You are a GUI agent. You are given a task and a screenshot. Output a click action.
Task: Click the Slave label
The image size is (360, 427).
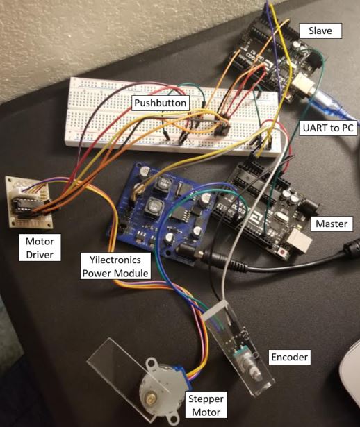tap(320, 31)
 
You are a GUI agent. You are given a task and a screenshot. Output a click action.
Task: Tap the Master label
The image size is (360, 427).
tap(332, 224)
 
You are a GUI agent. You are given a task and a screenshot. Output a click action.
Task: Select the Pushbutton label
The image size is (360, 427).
tap(161, 103)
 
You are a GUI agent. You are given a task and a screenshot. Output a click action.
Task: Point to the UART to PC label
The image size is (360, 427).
tap(328, 128)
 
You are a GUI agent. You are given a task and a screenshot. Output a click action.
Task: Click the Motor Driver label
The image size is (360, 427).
tap(40, 248)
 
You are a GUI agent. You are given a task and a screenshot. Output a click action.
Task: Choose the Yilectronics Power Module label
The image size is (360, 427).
tap(115, 267)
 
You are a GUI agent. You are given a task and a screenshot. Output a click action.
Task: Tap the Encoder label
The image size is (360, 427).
tap(289, 357)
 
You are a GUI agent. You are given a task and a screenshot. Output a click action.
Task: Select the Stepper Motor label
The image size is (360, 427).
tap(206, 405)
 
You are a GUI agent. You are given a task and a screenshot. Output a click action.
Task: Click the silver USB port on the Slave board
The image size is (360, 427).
tap(303, 84)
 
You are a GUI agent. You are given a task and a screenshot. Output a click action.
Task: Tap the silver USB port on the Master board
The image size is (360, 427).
tap(300, 241)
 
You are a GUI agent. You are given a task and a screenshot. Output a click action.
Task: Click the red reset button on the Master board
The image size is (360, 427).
tap(283, 253)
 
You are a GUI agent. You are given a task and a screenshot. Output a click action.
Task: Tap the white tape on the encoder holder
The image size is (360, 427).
tap(217, 310)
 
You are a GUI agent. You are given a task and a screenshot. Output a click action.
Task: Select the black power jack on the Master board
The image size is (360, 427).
tap(311, 206)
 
